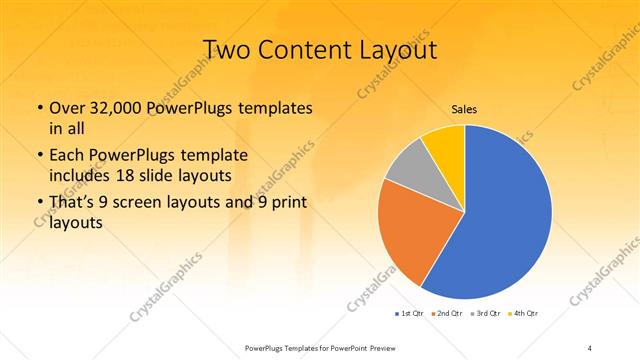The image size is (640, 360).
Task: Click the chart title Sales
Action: (464, 108)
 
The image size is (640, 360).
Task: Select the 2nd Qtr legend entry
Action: (445, 315)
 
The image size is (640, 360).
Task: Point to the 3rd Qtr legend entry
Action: (483, 315)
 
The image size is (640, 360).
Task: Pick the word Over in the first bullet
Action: (66, 108)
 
